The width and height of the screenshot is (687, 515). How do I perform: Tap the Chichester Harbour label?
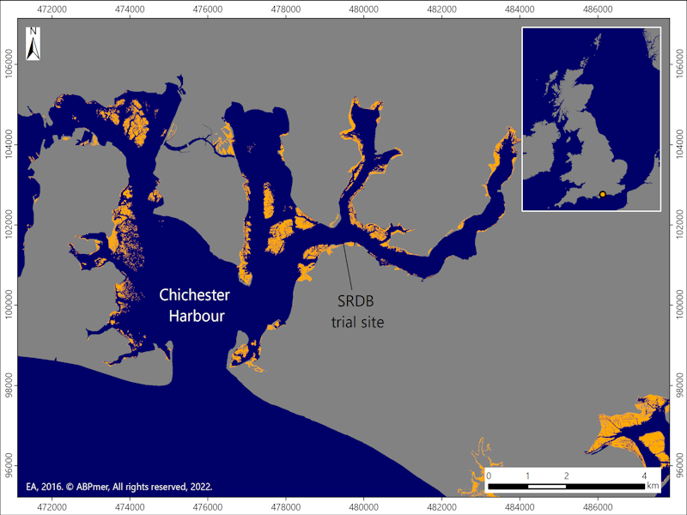pyautogui.click(x=195, y=306)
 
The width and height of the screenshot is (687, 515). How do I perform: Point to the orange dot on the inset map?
pyautogui.click(x=603, y=194)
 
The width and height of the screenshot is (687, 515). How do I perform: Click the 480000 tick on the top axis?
pyautogui.click(x=364, y=9)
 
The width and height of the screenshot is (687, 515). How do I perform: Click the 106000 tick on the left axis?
pyautogui.click(x=9, y=64)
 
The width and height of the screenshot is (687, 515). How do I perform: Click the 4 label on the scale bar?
pyautogui.click(x=644, y=476)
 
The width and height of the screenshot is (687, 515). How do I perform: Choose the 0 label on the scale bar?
pyautogui.click(x=489, y=476)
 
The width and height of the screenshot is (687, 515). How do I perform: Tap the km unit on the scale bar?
pyautogui.click(x=653, y=486)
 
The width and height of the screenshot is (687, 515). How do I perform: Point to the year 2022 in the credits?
pyautogui.click(x=200, y=486)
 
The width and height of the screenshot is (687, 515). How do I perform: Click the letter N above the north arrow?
pyautogui.click(x=33, y=33)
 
